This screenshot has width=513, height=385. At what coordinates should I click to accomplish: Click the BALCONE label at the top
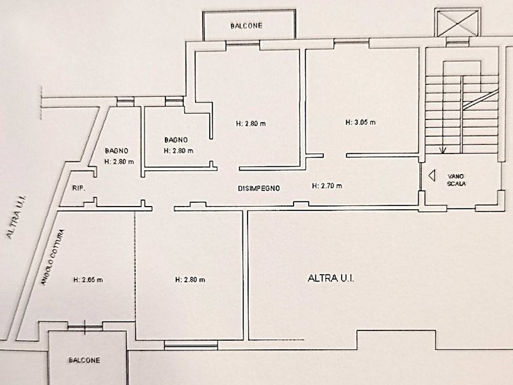pos(246,26)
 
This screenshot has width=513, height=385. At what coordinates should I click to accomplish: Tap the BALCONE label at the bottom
pos(85,360)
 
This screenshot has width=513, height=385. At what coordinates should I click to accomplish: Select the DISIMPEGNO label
pos(259,188)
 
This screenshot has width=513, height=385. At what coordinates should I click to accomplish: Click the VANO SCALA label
pos(456,180)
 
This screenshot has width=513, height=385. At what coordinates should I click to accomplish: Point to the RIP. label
pos(78,188)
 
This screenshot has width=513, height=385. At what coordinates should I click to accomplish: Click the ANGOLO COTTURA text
pos(53,257)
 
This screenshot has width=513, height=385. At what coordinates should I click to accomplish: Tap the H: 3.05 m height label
pos(360,123)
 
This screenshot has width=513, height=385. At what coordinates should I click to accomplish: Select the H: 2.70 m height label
pos(327,186)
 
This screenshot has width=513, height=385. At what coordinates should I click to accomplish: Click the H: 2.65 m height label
pos(88,280)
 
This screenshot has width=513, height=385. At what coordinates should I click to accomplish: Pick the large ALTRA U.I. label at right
pos(331,278)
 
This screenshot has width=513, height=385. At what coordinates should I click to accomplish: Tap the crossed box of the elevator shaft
pos(458,22)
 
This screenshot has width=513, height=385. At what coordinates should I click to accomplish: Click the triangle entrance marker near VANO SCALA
pos(432,175)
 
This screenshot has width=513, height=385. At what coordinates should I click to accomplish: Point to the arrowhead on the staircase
pos(442,151)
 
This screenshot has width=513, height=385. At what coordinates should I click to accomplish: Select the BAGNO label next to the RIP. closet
pos(117,151)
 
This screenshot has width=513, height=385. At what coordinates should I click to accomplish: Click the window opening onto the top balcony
pos(243,43)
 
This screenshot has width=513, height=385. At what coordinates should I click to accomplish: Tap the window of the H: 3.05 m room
pos(351,41)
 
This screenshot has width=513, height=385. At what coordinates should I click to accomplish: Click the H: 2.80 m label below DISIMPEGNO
pos(190,280)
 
